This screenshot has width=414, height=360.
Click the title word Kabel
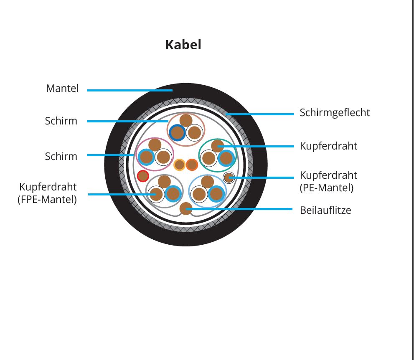pos(183,45)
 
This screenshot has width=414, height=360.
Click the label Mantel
pos(62,88)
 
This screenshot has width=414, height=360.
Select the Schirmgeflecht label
pos(335,113)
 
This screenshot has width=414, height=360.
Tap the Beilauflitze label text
pos(325,210)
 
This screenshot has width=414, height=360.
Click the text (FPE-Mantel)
pos(47,199)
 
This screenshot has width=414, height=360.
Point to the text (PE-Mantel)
pos(327,188)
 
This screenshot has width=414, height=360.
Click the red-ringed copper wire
pos(143,176)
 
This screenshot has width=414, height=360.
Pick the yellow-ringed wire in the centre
pos(180,165)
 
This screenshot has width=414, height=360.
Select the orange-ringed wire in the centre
pos(192,165)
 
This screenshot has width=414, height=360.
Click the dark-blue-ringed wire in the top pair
pos(178,132)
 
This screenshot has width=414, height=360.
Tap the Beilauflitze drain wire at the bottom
pos(186,208)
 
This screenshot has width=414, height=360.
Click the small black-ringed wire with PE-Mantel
pos(229,177)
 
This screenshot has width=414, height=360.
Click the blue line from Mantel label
pos(130,90)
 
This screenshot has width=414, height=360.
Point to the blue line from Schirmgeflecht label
pos(260,114)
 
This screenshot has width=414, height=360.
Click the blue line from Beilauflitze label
pos(239,209)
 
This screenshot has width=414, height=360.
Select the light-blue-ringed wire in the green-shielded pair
pos(226,158)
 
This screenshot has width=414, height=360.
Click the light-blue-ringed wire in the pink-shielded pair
pos(146,157)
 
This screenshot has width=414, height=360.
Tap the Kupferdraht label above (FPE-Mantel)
pos(48,187)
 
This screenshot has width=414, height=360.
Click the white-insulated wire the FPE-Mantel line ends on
pos(156,194)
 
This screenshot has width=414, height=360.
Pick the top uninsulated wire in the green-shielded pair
pos(218,146)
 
